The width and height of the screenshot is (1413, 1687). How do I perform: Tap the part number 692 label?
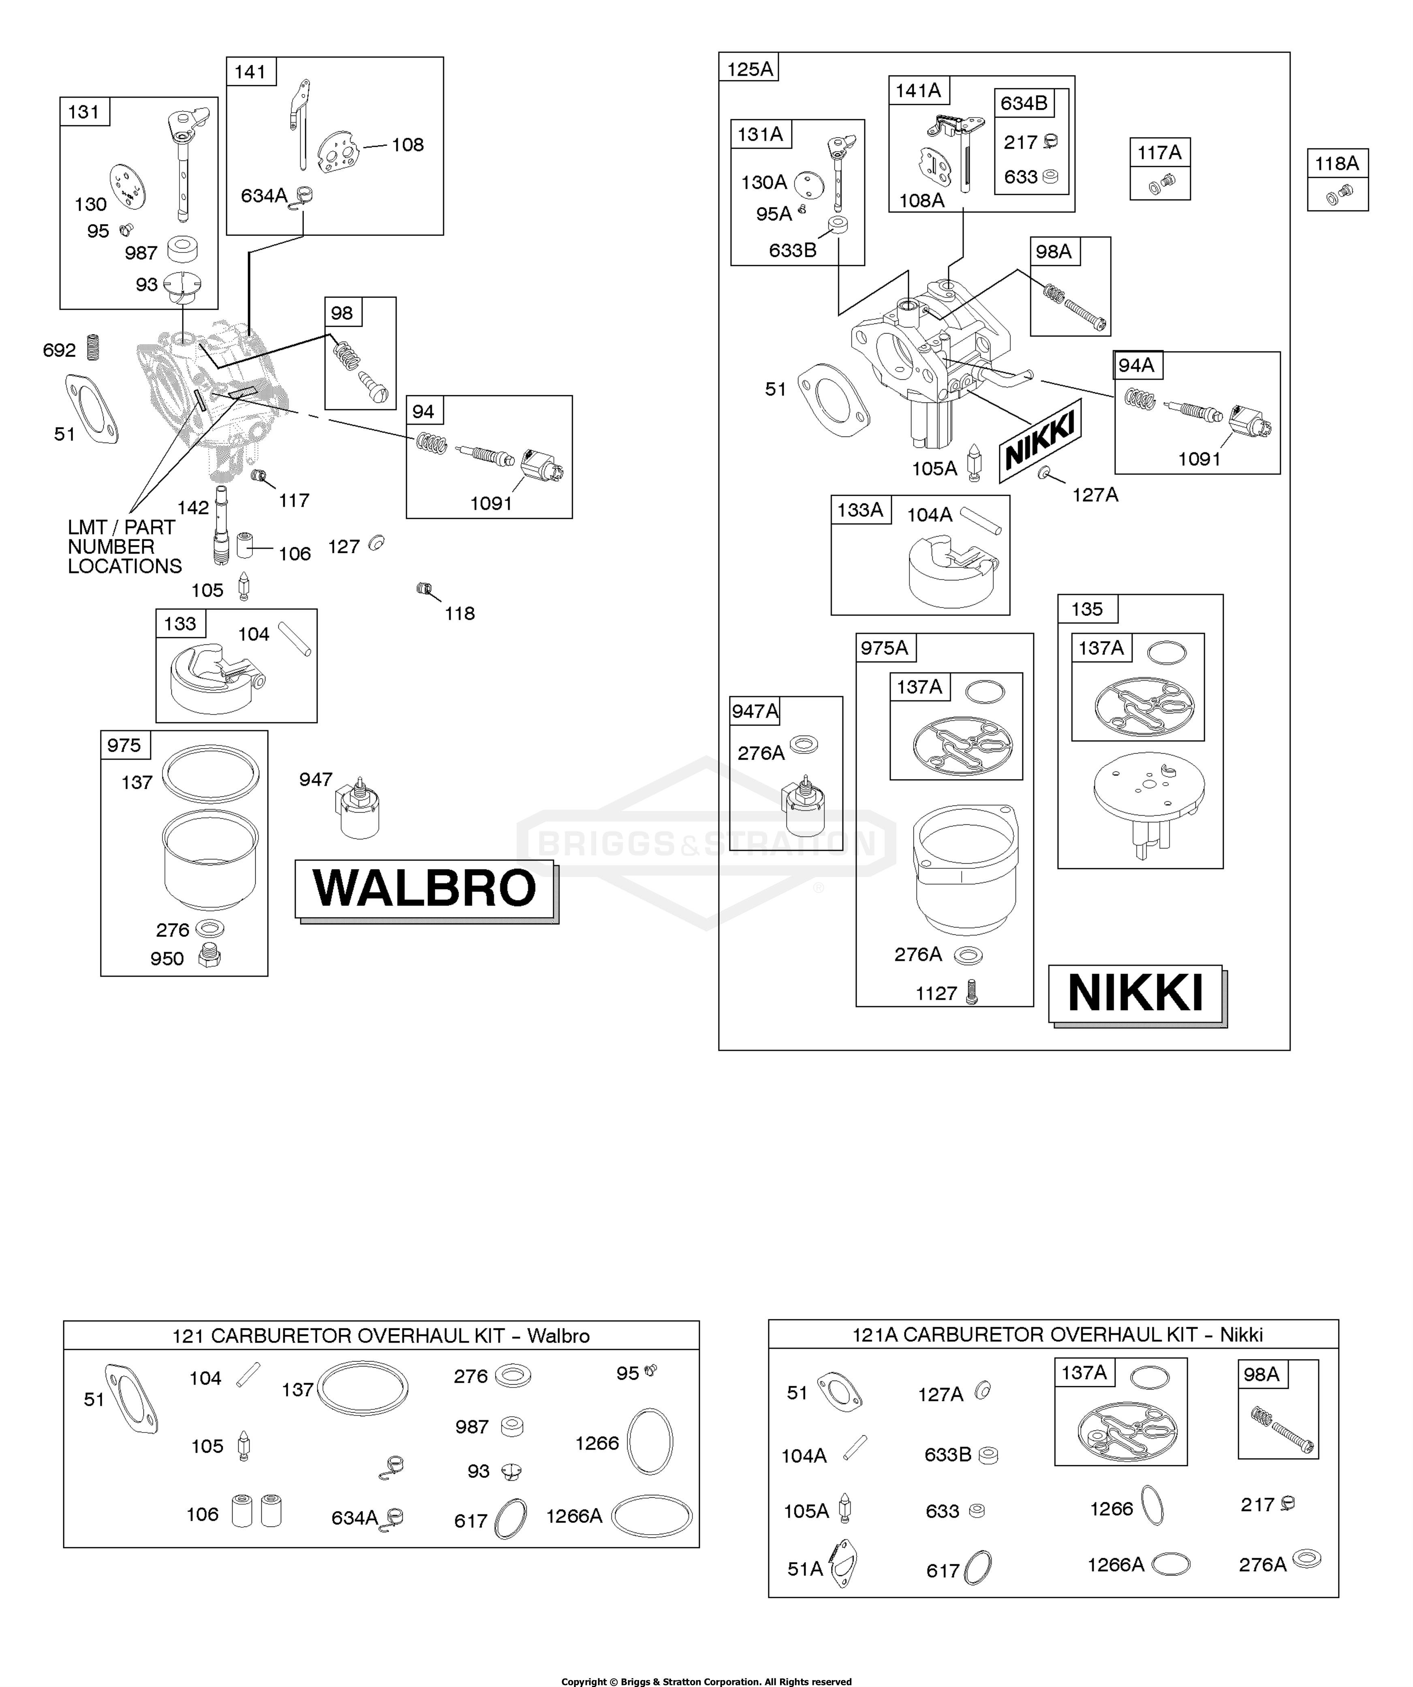click(60, 350)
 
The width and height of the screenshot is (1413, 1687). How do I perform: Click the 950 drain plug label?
click(167, 958)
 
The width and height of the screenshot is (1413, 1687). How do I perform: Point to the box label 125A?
click(750, 69)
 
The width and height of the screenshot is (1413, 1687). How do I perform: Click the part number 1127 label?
click(936, 994)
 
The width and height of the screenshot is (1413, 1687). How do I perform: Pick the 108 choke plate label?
click(407, 145)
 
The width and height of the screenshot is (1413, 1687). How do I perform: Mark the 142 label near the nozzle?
click(193, 508)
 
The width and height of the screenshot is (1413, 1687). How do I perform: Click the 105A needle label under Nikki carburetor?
click(934, 468)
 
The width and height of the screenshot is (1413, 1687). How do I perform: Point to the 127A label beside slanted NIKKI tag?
click(1095, 495)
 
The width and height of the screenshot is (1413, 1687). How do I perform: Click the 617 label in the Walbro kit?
click(471, 1521)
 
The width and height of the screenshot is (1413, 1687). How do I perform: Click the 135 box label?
click(1087, 609)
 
